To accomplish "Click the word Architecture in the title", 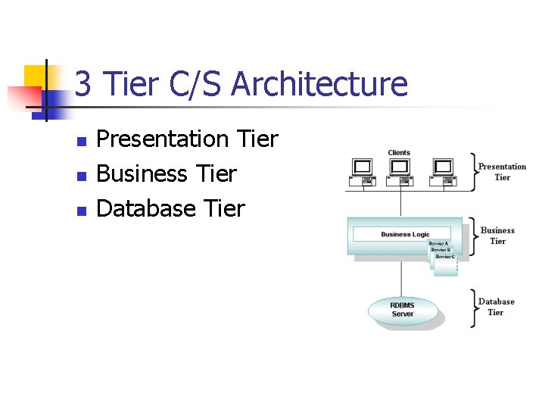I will pyautogui.click(x=319, y=84).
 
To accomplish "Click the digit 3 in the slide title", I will pyautogui.click(x=83, y=84).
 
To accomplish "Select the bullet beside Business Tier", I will pyautogui.click(x=82, y=176).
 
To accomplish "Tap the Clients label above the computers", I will pyautogui.click(x=399, y=153).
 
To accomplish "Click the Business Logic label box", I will pyautogui.click(x=405, y=235).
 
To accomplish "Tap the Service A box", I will pyautogui.click(x=438, y=244).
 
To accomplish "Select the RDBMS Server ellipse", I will pyautogui.click(x=402, y=310).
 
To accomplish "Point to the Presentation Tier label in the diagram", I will pyautogui.click(x=502, y=172).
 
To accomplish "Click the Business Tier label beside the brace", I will pyautogui.click(x=497, y=236).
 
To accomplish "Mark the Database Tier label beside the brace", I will pyautogui.click(x=496, y=307).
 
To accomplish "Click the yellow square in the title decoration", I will pyautogui.click(x=35, y=76).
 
